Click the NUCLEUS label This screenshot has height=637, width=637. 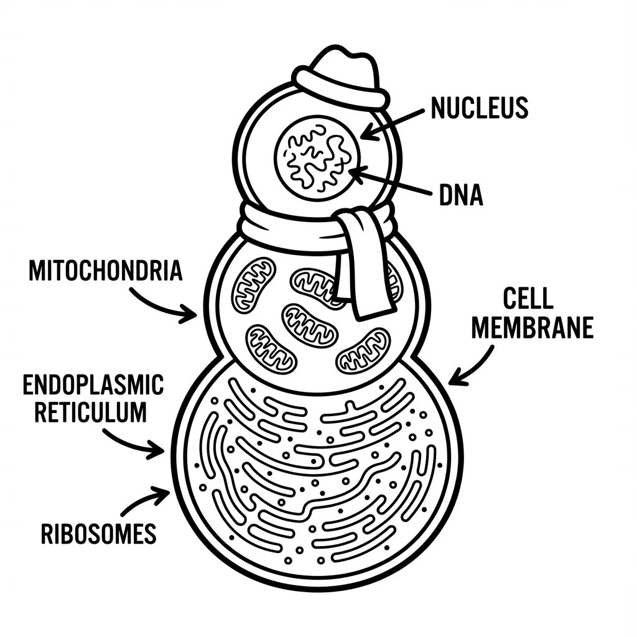pyautogui.click(x=479, y=108)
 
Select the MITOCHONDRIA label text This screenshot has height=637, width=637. pyautogui.click(x=106, y=272)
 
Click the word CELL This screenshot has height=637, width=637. pyautogui.click(x=528, y=299)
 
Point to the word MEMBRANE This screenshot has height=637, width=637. pyautogui.click(x=532, y=328)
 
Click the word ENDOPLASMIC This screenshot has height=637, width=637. pyautogui.click(x=93, y=385)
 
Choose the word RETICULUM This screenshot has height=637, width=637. pyautogui.click(x=91, y=412)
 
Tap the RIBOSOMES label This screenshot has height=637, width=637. pyautogui.click(x=98, y=534)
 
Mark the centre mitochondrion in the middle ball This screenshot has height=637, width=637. pyautogui.click(x=310, y=325)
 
